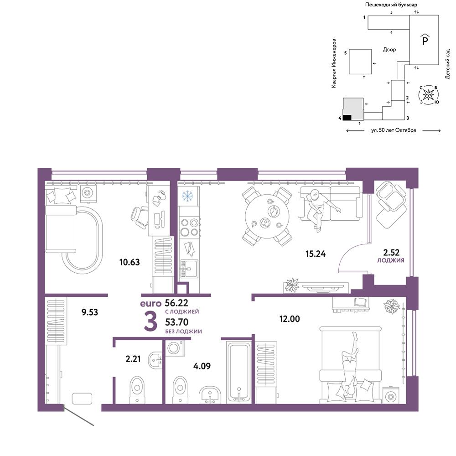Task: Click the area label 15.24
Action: [316, 254]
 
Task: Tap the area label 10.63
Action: [130, 262]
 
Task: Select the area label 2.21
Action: [133, 359]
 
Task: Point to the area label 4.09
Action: [202, 366]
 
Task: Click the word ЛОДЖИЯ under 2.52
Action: [391, 260]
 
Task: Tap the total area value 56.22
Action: [176, 303]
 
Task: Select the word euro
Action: [150, 304]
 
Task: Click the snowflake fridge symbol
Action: [188, 196]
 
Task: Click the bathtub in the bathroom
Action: [239, 373]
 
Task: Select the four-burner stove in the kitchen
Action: [189, 228]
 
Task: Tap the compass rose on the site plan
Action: [428, 94]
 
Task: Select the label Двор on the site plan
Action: [389, 50]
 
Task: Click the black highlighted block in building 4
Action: [347, 118]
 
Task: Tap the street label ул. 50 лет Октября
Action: [394, 130]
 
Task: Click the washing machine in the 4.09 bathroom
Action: [175, 348]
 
